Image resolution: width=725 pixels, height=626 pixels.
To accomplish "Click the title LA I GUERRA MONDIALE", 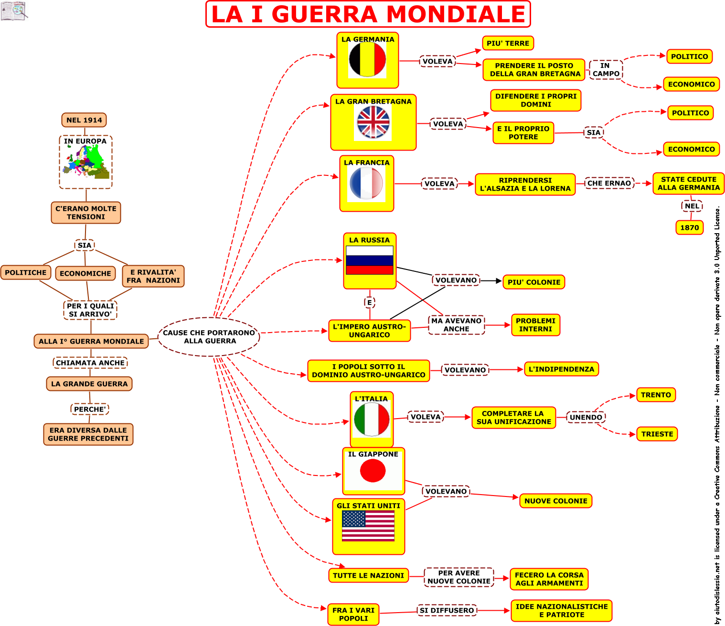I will (x=368, y=14).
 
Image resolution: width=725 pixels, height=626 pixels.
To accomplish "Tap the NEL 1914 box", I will (x=84, y=120).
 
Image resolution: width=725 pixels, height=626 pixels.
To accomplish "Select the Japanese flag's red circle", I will (x=373, y=471).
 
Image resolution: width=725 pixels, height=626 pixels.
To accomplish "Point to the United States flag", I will (x=368, y=526).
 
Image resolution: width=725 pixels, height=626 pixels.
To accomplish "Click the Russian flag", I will (x=370, y=260).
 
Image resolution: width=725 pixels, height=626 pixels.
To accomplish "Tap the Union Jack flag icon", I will (x=373, y=122).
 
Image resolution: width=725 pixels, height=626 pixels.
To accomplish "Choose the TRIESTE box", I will (x=657, y=434).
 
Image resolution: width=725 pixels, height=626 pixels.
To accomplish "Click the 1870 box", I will (x=689, y=227).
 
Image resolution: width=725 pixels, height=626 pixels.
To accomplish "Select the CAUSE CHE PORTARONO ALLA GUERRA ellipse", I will (x=209, y=337).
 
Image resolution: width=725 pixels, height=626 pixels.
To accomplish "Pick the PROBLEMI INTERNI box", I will (x=535, y=325).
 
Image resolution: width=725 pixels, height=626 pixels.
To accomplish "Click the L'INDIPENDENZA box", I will (x=561, y=369).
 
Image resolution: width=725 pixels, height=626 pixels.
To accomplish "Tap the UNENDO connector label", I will (x=586, y=417).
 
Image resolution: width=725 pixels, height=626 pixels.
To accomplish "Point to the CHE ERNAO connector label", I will (x=609, y=183).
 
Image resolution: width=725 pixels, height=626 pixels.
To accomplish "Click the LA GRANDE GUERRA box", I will (x=89, y=384).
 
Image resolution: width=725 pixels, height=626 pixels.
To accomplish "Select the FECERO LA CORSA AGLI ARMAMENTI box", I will (x=549, y=579).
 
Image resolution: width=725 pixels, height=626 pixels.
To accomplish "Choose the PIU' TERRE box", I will (x=508, y=43).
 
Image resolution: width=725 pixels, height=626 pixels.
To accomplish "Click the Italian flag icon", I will (x=372, y=419).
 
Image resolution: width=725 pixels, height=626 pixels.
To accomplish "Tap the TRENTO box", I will (x=656, y=395).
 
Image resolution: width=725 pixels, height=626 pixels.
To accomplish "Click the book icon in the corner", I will (x=14, y=11).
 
